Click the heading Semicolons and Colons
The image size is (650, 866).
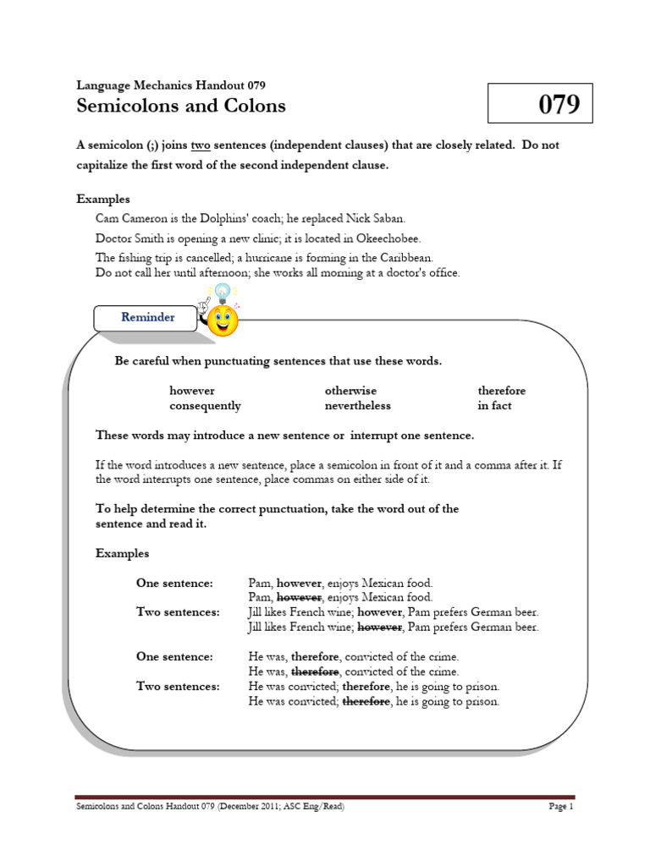(181, 106)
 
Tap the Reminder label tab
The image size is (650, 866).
(147, 317)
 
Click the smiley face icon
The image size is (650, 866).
(223, 321)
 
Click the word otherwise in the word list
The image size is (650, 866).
(350, 391)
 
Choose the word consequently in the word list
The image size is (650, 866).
(205, 406)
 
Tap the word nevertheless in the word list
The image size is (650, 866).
(357, 406)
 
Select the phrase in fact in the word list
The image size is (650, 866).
(494, 406)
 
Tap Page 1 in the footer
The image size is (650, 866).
(561, 807)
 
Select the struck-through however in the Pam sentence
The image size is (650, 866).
(300, 597)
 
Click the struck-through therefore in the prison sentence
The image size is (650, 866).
(366, 701)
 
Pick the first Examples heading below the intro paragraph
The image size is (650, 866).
(103, 200)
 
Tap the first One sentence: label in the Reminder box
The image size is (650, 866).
(174, 583)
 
